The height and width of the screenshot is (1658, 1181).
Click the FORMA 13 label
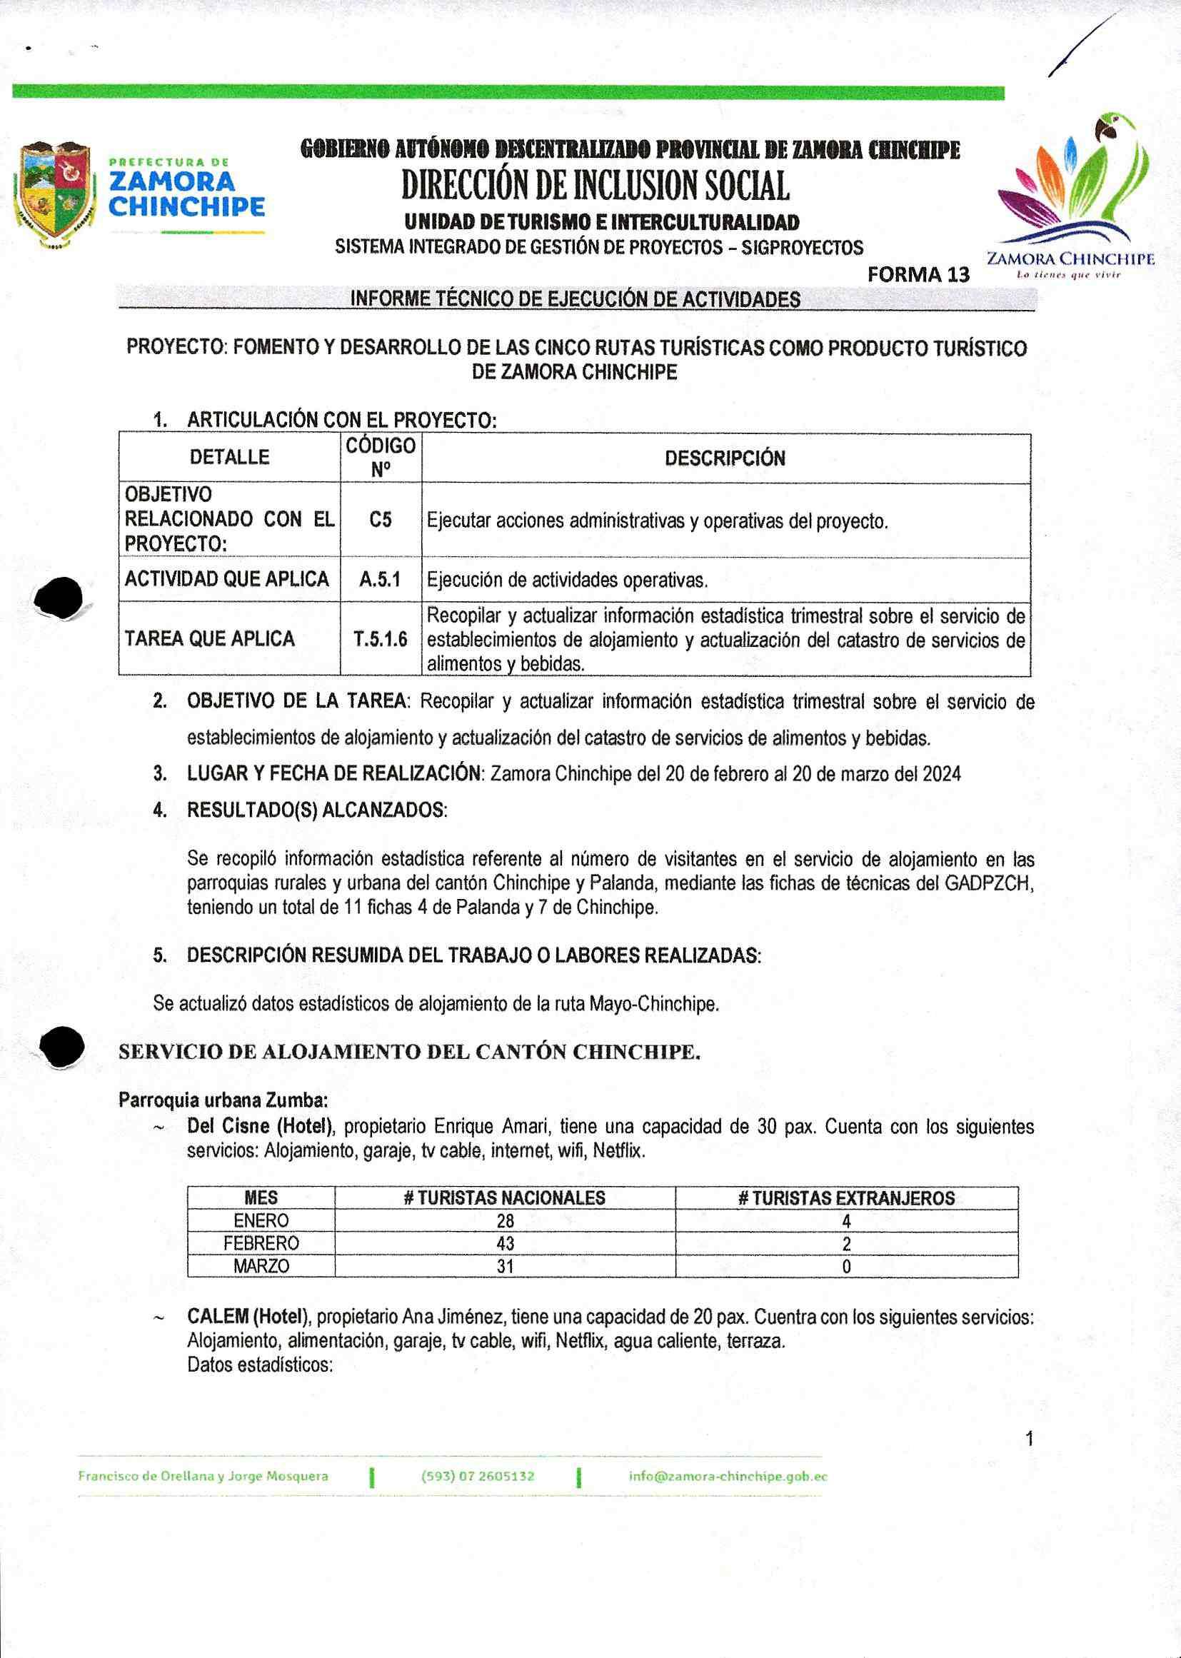pyautogui.click(x=918, y=275)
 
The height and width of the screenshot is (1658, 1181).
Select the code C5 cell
pyautogui.click(x=381, y=521)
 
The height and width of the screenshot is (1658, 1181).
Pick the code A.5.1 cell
pyautogui.click(x=381, y=580)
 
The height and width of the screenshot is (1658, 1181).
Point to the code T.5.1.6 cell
pyautogui.click(x=381, y=639)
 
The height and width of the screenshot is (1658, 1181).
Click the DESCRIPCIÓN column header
pyautogui.click(x=725, y=459)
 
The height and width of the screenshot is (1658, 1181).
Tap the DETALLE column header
pyautogui.click(x=229, y=458)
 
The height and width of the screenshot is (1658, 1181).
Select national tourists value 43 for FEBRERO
pyautogui.click(x=505, y=1244)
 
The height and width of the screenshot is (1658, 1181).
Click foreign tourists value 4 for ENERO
pyautogui.click(x=845, y=1221)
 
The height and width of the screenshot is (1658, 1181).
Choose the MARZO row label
pyautogui.click(x=261, y=1266)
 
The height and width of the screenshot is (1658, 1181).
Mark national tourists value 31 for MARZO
pyautogui.click(x=505, y=1266)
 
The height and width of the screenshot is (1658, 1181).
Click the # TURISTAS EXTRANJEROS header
pyautogui.click(x=845, y=1197)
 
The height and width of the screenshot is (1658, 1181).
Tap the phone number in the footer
pyautogui.click(x=478, y=1476)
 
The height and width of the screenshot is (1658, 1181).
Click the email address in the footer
pyautogui.click(x=727, y=1476)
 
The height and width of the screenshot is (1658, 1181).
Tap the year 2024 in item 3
pyautogui.click(x=942, y=774)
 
